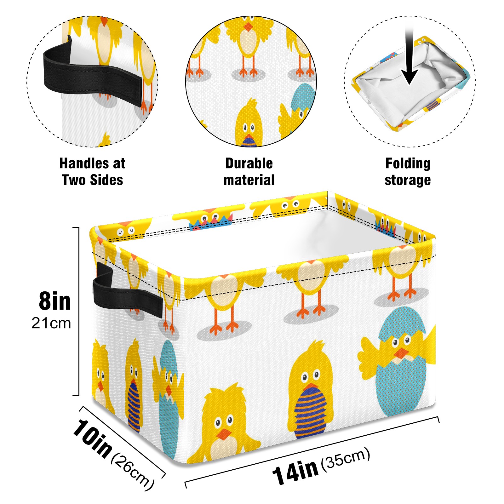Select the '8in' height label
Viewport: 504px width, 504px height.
click(55, 301)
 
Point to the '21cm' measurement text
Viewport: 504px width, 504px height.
click(51, 323)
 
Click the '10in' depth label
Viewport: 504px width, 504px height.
click(92, 438)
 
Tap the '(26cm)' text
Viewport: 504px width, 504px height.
click(133, 472)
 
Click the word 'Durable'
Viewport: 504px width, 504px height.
click(249, 163)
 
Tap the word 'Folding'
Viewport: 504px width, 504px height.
click(408, 164)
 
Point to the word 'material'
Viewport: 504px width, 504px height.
click(249, 180)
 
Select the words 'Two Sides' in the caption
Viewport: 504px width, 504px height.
click(92, 180)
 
